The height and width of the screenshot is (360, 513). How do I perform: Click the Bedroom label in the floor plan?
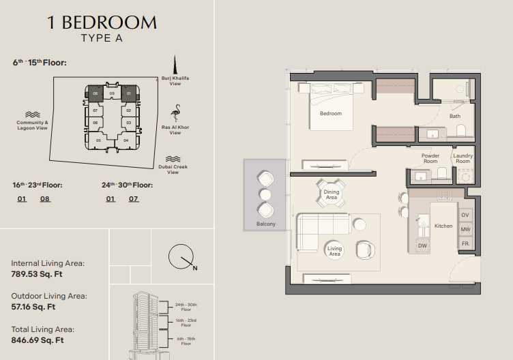(330, 113)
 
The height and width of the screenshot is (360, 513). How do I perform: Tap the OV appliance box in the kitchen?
(465, 215)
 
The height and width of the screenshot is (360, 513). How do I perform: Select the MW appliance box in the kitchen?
(465, 229)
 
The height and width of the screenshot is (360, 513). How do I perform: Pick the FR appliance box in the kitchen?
(465, 243)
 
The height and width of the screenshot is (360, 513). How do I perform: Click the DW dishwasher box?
(422, 245)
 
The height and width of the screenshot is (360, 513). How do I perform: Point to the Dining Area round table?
(331, 194)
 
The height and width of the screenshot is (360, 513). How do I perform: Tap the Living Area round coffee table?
(334, 251)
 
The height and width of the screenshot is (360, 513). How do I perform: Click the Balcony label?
(265, 224)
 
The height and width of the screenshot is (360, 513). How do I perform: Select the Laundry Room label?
(463, 158)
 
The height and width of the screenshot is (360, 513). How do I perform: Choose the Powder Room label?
(430, 158)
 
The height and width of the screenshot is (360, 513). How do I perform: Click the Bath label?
(455, 116)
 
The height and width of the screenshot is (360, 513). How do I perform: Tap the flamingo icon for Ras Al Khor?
(176, 113)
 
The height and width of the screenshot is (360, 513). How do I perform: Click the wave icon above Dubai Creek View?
(173, 159)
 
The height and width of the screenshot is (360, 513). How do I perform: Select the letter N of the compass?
(195, 268)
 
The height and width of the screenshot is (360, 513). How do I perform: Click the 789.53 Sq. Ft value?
(37, 274)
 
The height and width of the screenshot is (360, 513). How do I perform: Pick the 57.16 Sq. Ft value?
(33, 307)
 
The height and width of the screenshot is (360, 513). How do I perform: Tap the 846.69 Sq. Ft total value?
(38, 340)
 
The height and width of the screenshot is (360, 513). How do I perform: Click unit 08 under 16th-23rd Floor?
(45, 199)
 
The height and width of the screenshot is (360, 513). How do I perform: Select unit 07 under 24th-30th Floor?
(133, 199)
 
